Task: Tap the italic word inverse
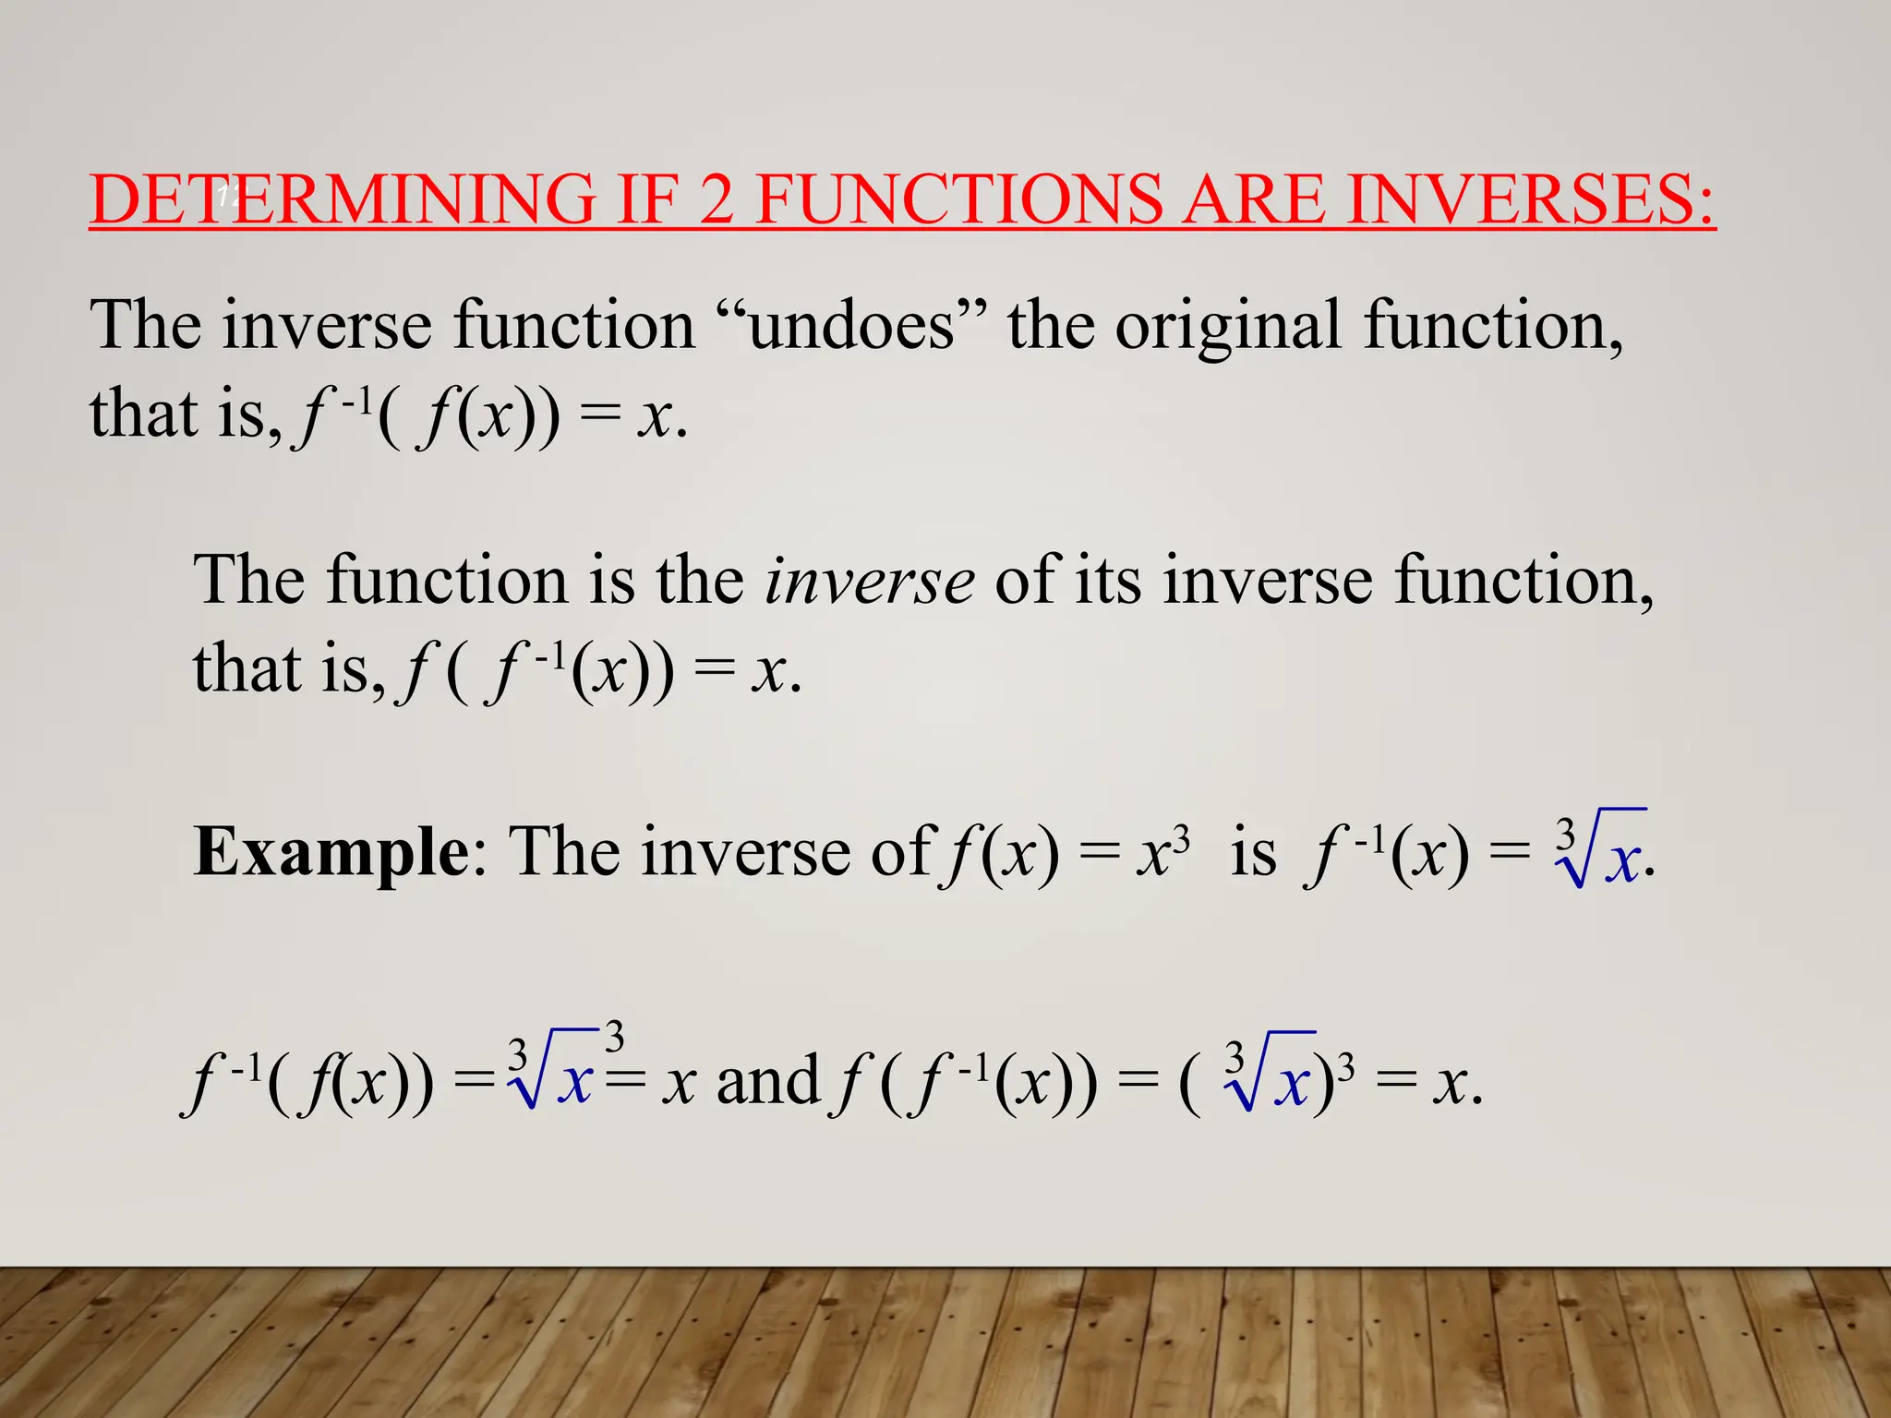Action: tap(869, 582)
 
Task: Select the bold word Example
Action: tap(331, 852)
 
